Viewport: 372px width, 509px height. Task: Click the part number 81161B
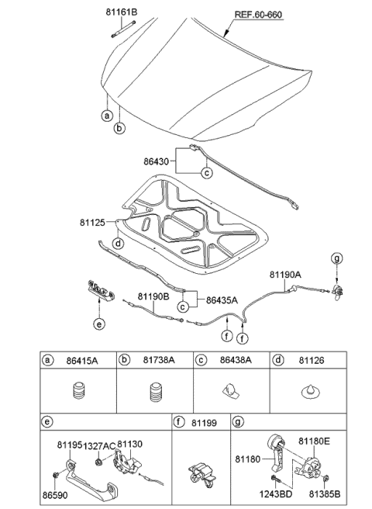(121, 13)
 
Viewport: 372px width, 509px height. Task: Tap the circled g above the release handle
(336, 258)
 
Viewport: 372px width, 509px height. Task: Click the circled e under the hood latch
(98, 325)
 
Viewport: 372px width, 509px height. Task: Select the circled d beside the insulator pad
(117, 244)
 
